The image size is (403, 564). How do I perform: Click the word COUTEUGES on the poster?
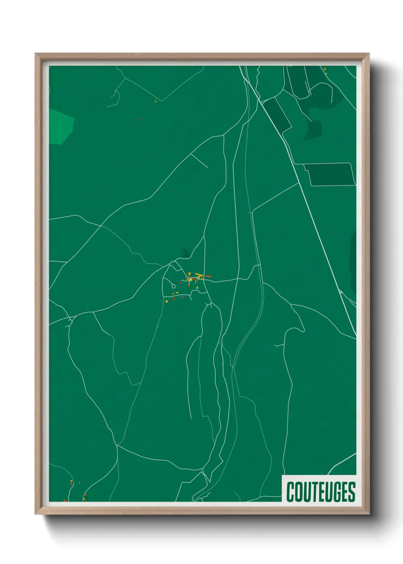321,492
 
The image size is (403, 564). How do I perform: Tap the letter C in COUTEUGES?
291,492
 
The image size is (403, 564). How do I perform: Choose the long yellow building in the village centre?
199,274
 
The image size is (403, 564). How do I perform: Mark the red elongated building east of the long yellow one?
208,276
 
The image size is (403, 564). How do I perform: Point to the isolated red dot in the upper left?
138,119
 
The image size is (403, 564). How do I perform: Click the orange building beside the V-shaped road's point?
155,101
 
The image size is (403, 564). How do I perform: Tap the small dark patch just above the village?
186,252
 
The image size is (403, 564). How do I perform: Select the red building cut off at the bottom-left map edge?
64,501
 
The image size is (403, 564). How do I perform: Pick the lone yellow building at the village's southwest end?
166,301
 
